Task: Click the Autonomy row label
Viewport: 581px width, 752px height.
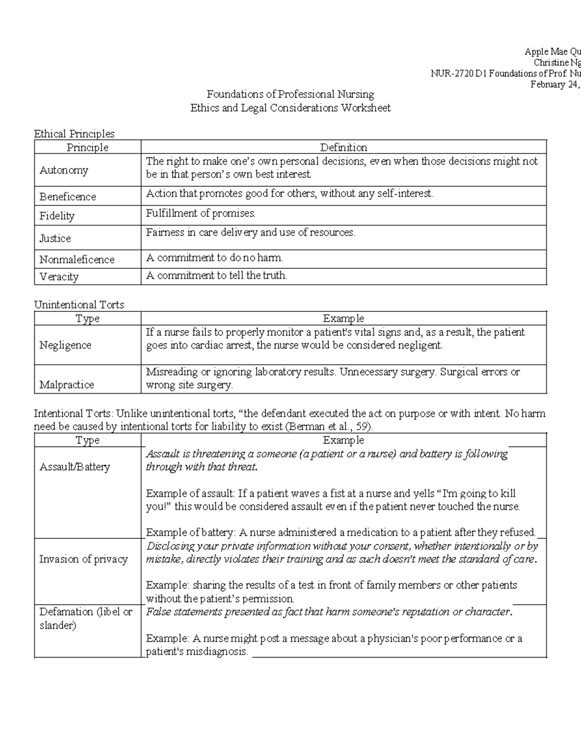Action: pyautogui.click(x=63, y=170)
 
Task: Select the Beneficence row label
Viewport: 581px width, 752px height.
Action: pyautogui.click(x=67, y=197)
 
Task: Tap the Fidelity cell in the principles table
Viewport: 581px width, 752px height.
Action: pyautogui.click(x=57, y=216)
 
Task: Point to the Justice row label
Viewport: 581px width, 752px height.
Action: pyautogui.click(x=55, y=238)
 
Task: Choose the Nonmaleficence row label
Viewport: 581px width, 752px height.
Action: pyautogui.click(x=76, y=260)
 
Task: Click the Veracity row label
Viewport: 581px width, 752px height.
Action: pyautogui.click(x=59, y=276)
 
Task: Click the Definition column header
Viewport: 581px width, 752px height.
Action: pyautogui.click(x=343, y=147)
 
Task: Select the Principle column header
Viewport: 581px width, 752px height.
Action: pyautogui.click(x=87, y=147)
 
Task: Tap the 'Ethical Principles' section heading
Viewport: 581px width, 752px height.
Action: pyautogui.click(x=74, y=134)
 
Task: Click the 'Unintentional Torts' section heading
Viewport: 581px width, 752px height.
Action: pyautogui.click(x=79, y=305)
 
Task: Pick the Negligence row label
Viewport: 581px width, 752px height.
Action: pyautogui.click(x=65, y=345)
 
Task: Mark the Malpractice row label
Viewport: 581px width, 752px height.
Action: pyautogui.click(x=66, y=384)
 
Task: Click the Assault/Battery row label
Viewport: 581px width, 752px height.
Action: pyautogui.click(x=75, y=467)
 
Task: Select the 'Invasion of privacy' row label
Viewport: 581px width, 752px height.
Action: pyautogui.click(x=83, y=559)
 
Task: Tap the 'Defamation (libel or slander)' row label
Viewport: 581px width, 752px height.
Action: pyautogui.click(x=85, y=618)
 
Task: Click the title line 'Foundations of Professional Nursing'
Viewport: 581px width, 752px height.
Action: pyautogui.click(x=290, y=94)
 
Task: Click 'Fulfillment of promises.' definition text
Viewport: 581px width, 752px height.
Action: pyautogui.click(x=200, y=213)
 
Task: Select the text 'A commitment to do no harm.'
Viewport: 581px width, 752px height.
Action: pyautogui.click(x=214, y=258)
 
